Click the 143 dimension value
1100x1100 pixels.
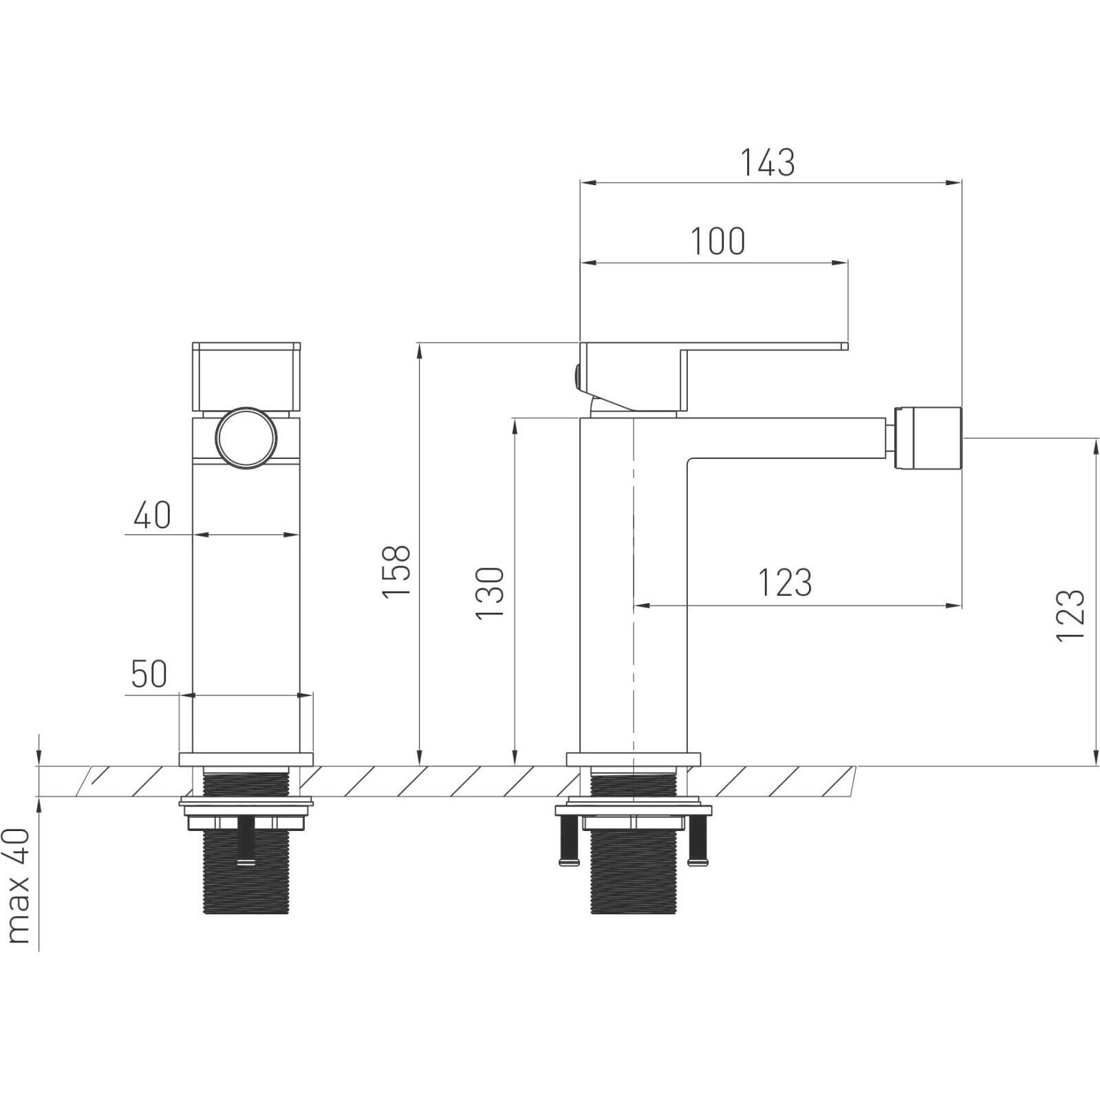click(x=767, y=163)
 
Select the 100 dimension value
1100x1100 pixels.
click(x=718, y=241)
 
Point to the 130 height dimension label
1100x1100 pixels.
click(x=490, y=592)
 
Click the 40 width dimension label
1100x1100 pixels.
click(x=152, y=515)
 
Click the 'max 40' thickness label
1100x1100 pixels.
click(x=19, y=885)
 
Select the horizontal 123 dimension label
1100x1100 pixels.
click(x=785, y=582)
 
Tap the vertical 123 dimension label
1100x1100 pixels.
click(x=1070, y=616)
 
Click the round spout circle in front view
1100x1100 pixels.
click(x=246, y=438)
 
